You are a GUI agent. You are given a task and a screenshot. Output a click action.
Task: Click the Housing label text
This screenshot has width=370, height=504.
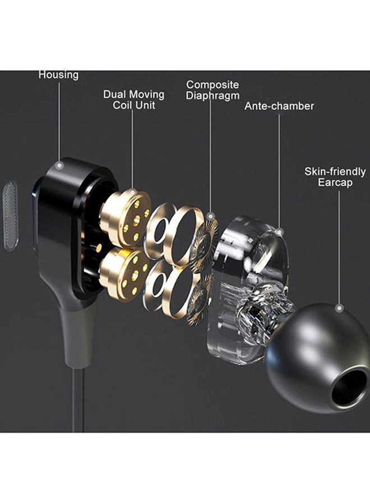click(58, 74)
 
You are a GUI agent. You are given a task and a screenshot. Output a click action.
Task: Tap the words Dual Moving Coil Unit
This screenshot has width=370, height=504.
click(133, 99)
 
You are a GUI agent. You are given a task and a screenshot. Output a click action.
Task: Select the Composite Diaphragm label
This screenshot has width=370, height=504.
click(212, 90)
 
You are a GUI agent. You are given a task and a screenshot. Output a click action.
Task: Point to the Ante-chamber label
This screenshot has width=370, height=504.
click(279, 106)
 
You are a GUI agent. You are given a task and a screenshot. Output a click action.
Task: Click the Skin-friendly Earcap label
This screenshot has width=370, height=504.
click(335, 177)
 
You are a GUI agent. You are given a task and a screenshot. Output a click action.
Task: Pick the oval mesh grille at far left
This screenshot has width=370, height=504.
click(10, 216)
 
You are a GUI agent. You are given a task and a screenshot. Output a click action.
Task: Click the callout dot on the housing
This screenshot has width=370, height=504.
click(59, 166)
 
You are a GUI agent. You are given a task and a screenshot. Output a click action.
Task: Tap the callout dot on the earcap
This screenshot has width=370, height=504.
click(339, 307)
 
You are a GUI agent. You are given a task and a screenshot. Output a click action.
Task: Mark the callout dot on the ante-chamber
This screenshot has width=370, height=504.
click(279, 231)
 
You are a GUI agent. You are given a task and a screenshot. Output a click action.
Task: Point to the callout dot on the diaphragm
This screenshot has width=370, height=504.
click(210, 216)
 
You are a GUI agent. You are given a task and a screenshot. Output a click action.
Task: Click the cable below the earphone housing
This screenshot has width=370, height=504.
click(78, 398)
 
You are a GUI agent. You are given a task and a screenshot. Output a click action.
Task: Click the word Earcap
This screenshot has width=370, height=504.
click(335, 183)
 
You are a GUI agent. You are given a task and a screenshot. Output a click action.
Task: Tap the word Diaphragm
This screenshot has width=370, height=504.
click(212, 96)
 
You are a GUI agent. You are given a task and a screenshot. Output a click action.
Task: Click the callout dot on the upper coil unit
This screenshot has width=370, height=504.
click(132, 192)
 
